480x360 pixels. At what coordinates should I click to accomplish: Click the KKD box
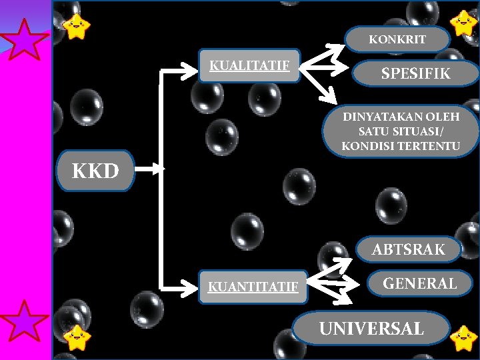[x=95, y=171]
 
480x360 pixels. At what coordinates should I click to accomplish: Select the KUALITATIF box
[x=249, y=66]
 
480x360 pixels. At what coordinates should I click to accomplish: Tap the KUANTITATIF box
[x=253, y=287]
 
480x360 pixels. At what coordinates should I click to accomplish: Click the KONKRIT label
[x=397, y=39]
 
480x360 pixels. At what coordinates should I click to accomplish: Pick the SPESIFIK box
[x=415, y=74]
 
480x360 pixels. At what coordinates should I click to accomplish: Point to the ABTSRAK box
[x=408, y=250]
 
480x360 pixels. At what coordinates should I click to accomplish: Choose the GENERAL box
[x=419, y=283]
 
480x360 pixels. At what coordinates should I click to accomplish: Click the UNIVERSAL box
[x=371, y=329]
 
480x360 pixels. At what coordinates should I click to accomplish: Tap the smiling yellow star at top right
[x=463, y=23]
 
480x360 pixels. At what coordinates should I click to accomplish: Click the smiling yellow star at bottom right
[x=463, y=338]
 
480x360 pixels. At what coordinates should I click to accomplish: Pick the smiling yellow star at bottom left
[x=77, y=338]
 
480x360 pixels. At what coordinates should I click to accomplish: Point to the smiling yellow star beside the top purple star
[x=77, y=26]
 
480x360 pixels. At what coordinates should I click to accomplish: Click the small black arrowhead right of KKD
[x=160, y=170]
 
